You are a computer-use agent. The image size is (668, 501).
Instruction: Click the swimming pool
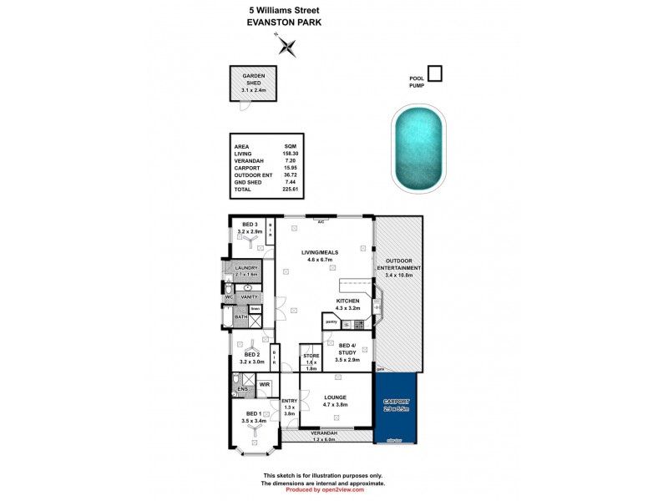417,153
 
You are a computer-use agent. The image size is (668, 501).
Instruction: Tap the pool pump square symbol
434,73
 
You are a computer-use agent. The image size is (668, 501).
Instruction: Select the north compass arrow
287,46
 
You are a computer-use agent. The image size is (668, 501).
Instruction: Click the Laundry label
246,267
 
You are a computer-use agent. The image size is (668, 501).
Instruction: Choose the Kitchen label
347,300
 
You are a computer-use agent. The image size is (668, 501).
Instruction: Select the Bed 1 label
252,414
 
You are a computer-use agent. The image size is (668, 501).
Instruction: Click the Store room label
311,357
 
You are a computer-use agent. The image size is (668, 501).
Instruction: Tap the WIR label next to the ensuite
264,384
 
